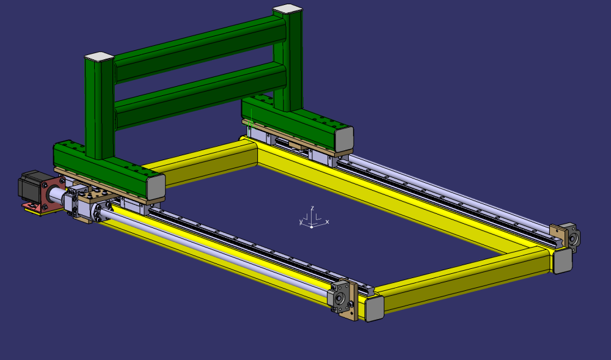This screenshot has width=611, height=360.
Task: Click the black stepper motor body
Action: point(31,186)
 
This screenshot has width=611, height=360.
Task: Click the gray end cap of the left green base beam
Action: point(155,186)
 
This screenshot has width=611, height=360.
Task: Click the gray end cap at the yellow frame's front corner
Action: point(374,307)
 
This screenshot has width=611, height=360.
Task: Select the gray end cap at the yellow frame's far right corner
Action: point(562,260)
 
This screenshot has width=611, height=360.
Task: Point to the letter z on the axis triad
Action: point(312,208)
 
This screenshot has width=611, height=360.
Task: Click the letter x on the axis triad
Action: point(327,221)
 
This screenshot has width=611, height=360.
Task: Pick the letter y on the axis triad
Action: point(301,222)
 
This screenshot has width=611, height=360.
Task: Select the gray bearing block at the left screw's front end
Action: point(340,298)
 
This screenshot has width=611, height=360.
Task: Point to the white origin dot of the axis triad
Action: point(312,226)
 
